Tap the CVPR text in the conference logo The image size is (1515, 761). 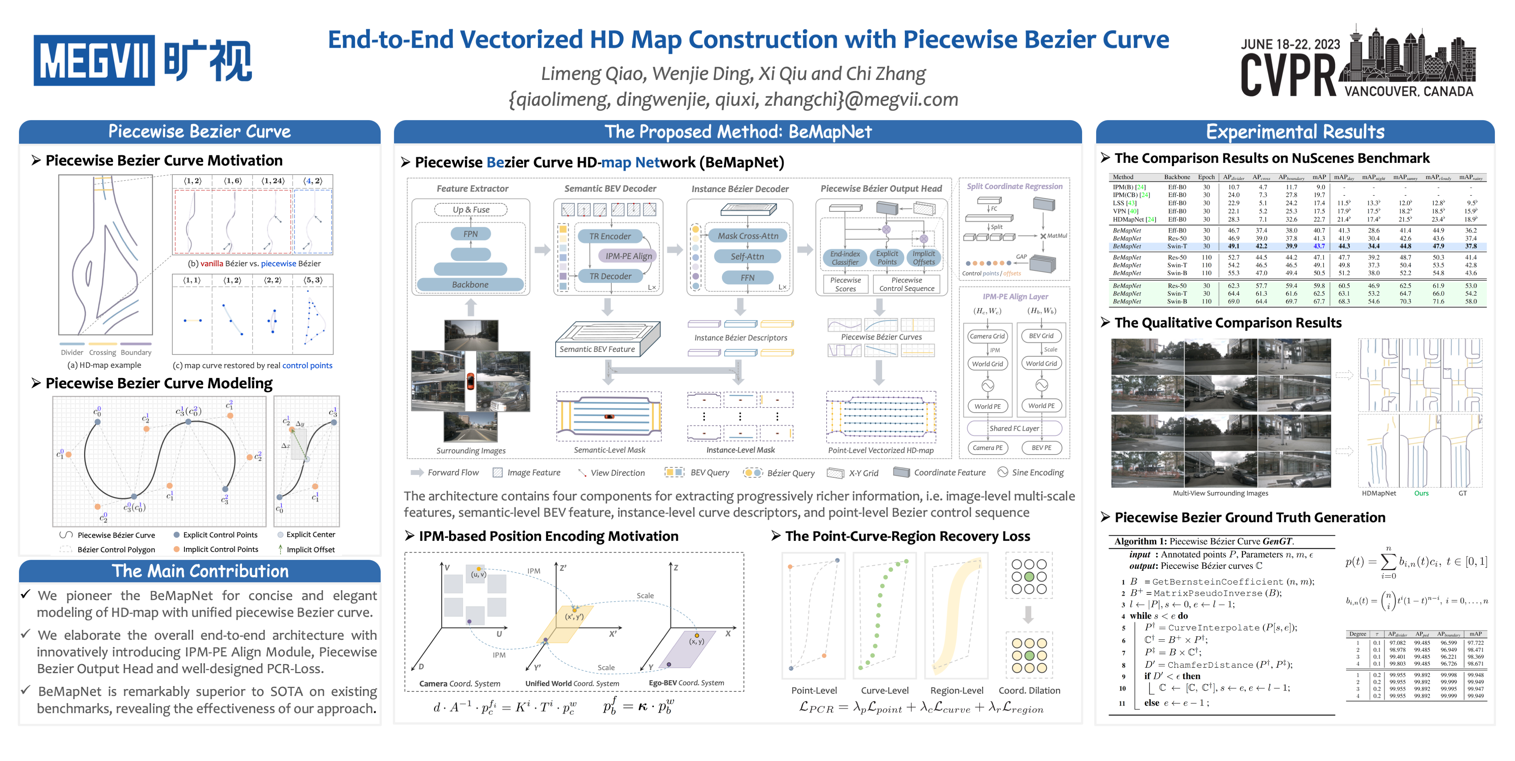(x=1288, y=75)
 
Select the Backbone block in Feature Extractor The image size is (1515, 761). (x=470, y=284)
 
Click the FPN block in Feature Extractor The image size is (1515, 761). (x=470, y=234)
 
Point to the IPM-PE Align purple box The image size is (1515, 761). (x=628, y=256)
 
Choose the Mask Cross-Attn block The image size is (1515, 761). (x=748, y=236)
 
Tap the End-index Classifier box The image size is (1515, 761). (x=845, y=258)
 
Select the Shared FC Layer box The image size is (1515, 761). (x=1014, y=429)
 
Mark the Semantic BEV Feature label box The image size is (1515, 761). (x=597, y=349)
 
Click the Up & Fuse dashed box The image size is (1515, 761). (x=470, y=210)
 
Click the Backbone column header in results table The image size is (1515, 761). (x=1177, y=177)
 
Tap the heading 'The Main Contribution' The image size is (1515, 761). (x=200, y=571)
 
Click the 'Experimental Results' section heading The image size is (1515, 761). (x=1295, y=132)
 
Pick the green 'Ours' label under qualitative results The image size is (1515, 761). (x=1421, y=494)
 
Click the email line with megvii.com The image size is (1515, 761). (x=733, y=99)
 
